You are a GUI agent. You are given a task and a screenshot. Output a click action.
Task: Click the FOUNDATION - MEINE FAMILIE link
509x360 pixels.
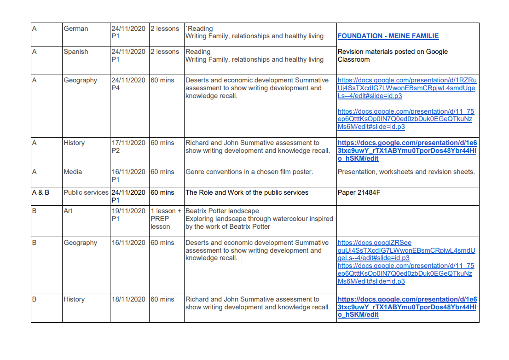(x=388, y=36)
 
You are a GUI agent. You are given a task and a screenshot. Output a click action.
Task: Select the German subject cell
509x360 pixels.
(x=76, y=29)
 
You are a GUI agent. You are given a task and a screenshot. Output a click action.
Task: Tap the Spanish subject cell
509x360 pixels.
(x=76, y=52)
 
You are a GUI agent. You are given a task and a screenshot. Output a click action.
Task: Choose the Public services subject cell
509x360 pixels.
(x=86, y=192)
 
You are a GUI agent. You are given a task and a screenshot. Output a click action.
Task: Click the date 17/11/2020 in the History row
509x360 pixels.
(x=128, y=143)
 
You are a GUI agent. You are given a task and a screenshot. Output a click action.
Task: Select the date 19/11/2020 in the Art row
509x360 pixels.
(x=128, y=211)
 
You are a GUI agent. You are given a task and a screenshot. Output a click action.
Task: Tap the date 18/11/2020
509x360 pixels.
(x=128, y=299)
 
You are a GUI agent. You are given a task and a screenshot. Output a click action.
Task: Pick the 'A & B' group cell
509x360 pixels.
(x=40, y=192)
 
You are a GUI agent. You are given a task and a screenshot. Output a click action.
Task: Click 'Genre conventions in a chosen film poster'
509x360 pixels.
(x=249, y=172)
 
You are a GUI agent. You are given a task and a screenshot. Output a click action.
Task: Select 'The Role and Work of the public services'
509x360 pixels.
(x=247, y=192)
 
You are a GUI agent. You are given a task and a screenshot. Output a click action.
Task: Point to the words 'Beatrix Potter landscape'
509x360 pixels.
(x=222, y=211)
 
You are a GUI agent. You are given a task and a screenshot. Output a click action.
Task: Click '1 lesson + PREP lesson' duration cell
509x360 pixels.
(x=166, y=219)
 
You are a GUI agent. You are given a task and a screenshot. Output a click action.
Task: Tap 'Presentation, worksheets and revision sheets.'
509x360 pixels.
(x=406, y=172)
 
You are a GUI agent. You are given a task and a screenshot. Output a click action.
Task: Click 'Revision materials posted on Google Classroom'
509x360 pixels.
(x=392, y=55)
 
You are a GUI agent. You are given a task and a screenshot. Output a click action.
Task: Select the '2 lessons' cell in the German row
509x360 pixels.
(x=165, y=29)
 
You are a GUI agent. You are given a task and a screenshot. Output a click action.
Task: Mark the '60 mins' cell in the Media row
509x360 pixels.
(x=162, y=172)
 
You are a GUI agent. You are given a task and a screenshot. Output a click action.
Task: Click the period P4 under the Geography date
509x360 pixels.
(x=116, y=88)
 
